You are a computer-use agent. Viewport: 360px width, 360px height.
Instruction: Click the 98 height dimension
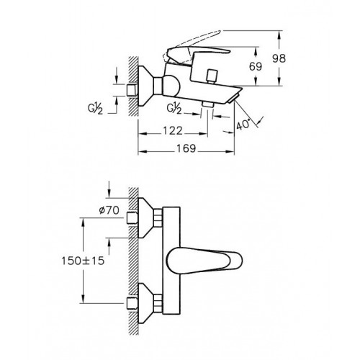279,58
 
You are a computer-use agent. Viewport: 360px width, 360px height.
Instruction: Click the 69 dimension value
256,66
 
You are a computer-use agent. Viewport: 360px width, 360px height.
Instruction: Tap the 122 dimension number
173,131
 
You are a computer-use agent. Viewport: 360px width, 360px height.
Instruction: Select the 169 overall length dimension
186,148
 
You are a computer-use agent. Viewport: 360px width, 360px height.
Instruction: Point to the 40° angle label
243,125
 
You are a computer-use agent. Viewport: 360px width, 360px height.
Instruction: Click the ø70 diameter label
109,210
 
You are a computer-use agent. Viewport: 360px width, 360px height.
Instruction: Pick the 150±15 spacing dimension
83,261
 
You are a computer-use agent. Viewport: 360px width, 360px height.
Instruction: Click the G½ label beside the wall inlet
95,109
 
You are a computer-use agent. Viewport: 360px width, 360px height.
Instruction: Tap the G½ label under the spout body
174,109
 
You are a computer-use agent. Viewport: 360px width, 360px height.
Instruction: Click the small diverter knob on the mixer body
212,76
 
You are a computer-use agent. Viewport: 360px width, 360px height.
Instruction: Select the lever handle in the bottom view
204,261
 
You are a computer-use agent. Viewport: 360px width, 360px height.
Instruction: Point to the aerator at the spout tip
233,99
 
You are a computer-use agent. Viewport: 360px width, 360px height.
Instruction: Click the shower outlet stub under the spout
208,104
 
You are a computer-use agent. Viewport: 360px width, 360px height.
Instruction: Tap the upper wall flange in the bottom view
146,218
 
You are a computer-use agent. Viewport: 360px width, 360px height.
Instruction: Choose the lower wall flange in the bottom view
146,303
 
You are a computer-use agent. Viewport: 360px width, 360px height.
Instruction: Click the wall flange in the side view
146,86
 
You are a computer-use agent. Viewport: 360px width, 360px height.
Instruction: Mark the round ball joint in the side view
171,86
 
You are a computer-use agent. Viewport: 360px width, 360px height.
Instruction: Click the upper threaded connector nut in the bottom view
158,218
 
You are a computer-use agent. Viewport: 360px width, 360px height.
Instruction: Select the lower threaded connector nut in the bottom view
158,303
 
